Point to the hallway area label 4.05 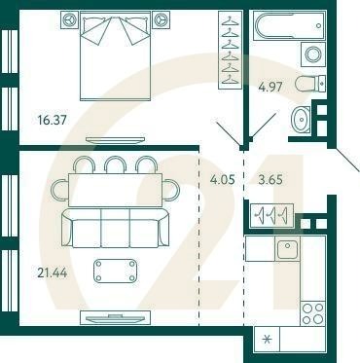(224, 179)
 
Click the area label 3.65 (268, 179)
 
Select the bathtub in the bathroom (289, 25)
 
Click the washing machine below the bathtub (312, 54)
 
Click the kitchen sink (286, 250)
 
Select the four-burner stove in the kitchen (312, 313)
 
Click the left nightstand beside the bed (69, 18)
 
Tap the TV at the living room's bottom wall (115, 317)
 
